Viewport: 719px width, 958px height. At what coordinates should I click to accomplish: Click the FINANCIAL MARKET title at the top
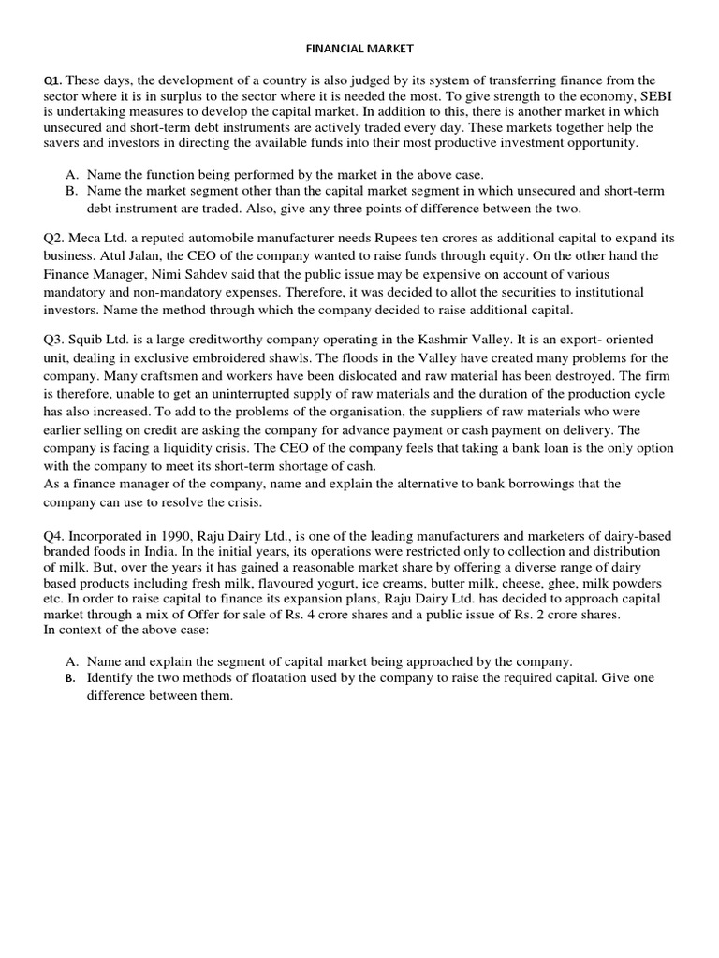pyautogui.click(x=359, y=46)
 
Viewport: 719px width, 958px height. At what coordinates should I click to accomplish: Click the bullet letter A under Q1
pyautogui.click(x=72, y=174)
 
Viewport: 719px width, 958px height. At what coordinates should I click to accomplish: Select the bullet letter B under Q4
pyautogui.click(x=71, y=677)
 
